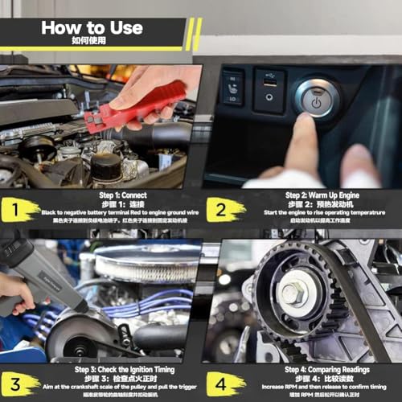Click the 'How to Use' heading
92,27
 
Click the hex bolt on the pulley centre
291,293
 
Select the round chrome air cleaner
148,262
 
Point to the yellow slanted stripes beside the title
194,34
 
